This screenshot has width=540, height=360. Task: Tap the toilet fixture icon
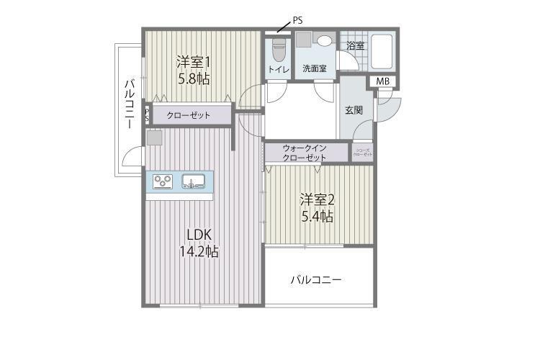click(x=278, y=50)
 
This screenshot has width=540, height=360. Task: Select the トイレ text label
click(x=278, y=70)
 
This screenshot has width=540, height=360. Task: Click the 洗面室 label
click(x=315, y=70)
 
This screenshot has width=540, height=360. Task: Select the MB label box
click(x=383, y=81)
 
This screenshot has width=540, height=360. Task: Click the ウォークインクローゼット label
click(x=305, y=153)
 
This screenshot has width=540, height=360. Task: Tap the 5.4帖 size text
click(x=317, y=216)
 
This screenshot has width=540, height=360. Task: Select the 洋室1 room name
click(x=194, y=62)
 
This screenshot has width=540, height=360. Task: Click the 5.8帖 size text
click(x=194, y=78)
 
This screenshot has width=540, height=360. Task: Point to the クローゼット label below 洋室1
click(x=189, y=115)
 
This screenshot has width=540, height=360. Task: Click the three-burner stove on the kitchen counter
click(x=163, y=181)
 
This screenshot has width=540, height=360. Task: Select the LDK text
click(x=199, y=234)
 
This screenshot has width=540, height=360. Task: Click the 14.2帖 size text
click(x=199, y=251)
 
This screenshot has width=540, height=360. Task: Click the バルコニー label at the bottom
click(x=316, y=279)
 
